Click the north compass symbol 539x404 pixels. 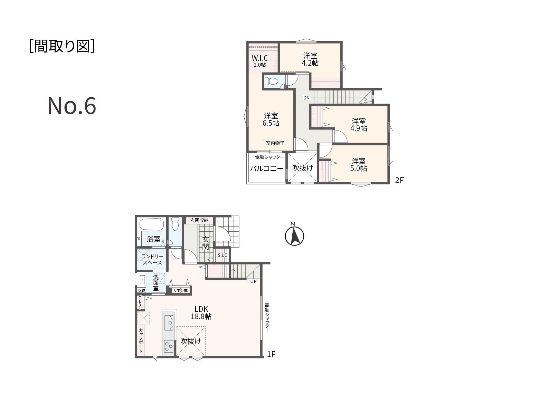(x=294, y=236)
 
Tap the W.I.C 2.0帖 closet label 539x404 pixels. (x=260, y=61)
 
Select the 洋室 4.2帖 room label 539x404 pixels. (x=310, y=59)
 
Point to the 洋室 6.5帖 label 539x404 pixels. (x=271, y=119)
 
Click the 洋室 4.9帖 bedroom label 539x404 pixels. (x=359, y=125)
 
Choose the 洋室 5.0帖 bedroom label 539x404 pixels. (x=359, y=165)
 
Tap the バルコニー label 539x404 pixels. (x=267, y=169)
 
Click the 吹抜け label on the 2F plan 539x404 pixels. (x=303, y=168)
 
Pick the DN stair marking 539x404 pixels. (x=306, y=98)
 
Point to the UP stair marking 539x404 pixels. (x=253, y=281)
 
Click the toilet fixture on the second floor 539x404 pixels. (x=273, y=81)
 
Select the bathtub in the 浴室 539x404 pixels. (x=152, y=224)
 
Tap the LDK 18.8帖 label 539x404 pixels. (x=201, y=313)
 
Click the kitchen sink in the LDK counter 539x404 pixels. (x=169, y=323)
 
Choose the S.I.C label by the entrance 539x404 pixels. (x=223, y=255)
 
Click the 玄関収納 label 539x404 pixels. (x=199, y=220)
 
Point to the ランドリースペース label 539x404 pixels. (x=152, y=259)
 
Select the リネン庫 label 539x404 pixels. (x=180, y=290)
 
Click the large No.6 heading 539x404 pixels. (x=72, y=106)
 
